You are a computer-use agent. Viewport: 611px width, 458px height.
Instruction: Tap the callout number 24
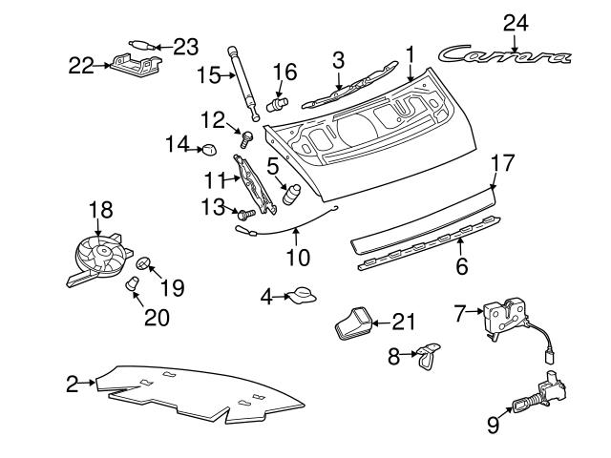point(515,21)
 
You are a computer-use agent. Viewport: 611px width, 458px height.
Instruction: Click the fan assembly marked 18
point(97,258)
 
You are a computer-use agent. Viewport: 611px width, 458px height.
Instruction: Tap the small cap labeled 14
point(207,148)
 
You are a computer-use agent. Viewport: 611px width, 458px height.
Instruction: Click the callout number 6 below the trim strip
point(461,266)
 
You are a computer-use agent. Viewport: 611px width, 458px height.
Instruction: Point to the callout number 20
point(157,317)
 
